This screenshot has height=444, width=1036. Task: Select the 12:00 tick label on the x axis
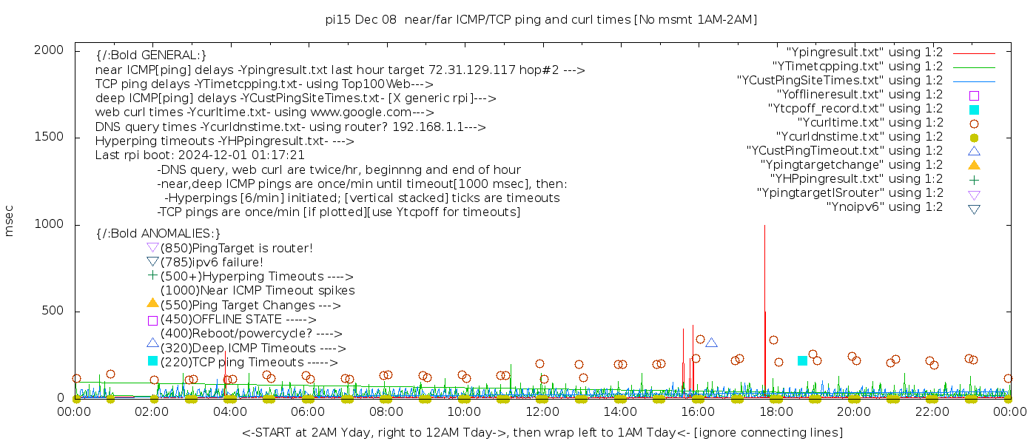point(542,411)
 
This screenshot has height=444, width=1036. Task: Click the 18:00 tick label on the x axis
point(776,411)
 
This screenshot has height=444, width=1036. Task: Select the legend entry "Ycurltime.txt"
point(869,123)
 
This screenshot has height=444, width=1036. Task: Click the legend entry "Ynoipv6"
point(884,207)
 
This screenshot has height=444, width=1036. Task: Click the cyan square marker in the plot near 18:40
point(802,360)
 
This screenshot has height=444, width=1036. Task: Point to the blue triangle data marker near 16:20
point(711,343)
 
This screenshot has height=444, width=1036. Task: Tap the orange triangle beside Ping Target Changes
point(152,303)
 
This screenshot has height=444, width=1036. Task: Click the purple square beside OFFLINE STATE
point(152,320)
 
